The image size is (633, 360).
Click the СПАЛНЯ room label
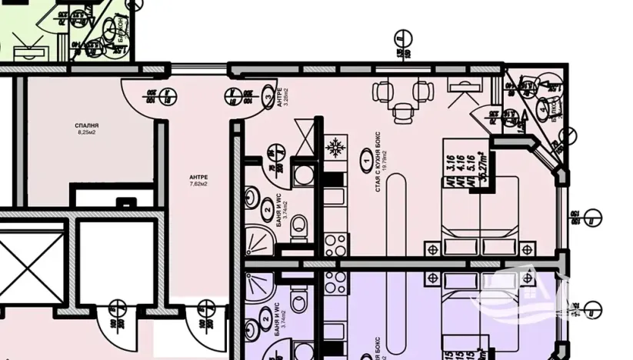click(88, 125)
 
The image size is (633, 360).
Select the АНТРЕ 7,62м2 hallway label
click(198, 180)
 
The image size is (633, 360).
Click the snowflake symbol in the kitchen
click(335, 146)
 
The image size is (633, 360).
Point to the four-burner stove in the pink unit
click(335, 245)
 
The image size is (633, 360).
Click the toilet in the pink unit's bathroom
click(300, 225)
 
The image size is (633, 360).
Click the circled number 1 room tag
click(365, 162)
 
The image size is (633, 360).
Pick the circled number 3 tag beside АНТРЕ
click(268, 98)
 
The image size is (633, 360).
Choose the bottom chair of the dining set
click(401, 113)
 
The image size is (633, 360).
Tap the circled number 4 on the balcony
click(544, 108)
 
